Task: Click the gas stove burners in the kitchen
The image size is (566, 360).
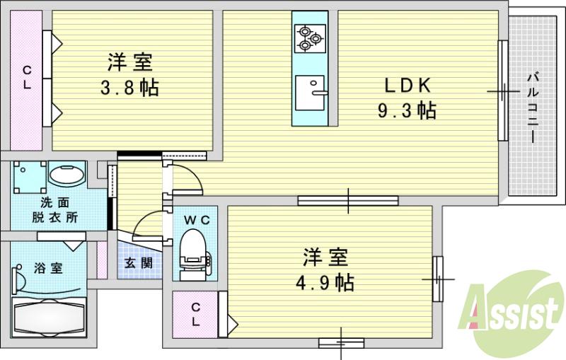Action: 310,37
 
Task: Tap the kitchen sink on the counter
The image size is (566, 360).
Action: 309,93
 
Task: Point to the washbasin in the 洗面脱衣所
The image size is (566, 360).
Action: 67,175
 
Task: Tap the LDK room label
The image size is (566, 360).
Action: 406,86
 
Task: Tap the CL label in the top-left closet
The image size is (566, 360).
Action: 27,77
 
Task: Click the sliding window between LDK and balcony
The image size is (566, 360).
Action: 503,90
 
